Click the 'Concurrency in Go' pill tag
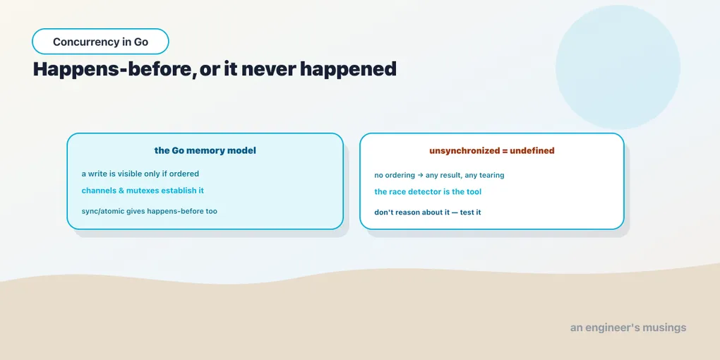coord(100,42)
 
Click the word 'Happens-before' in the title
coord(112,70)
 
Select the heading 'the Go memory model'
coord(205,150)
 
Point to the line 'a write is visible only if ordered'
coord(140,174)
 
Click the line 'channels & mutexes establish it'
coord(143,190)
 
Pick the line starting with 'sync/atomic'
coord(149,211)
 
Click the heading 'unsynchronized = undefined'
coord(492,150)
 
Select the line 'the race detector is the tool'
coord(428,191)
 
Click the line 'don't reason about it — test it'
coord(428,212)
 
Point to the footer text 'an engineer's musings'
coord(628,328)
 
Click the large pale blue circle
coord(618,67)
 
